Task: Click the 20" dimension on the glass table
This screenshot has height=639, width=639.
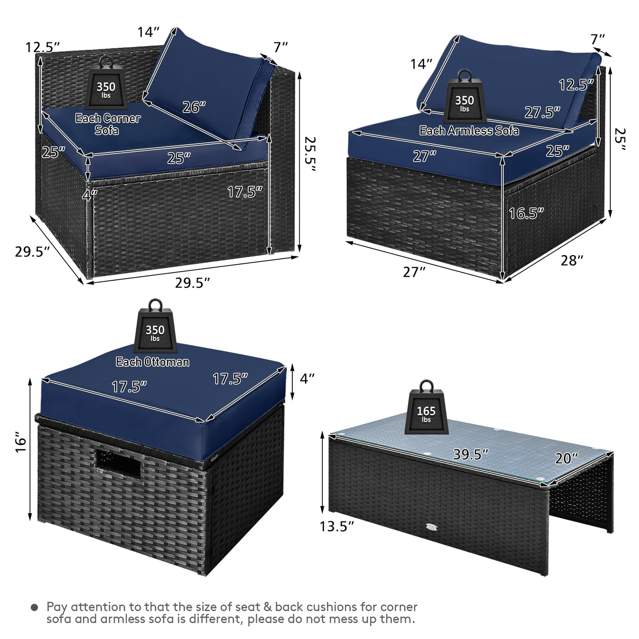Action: coord(566,459)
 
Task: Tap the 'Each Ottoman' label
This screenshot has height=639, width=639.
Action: coord(153,362)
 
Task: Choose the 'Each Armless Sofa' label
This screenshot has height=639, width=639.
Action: coord(469,130)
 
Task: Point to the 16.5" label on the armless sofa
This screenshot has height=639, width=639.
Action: coord(526,214)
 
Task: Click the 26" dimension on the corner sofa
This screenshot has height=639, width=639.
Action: coord(194,107)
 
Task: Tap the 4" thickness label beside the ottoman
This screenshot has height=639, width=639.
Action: coord(307,378)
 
